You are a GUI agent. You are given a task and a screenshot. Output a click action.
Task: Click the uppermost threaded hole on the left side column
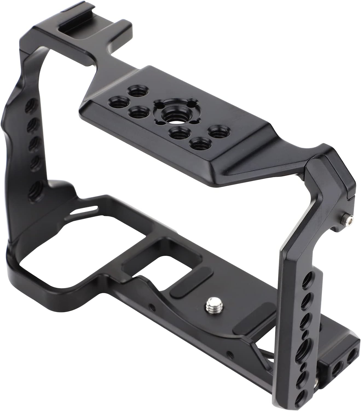[x=29, y=107]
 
